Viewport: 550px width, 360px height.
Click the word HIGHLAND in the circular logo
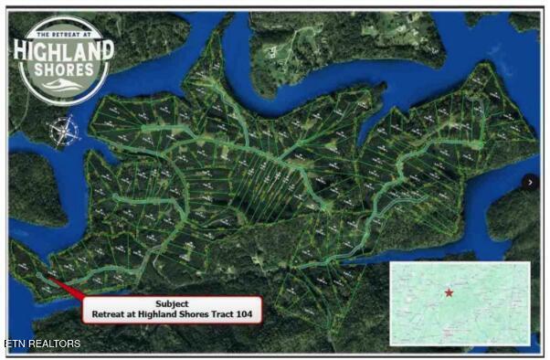(63, 49)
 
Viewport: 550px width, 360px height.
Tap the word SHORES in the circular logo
(63, 69)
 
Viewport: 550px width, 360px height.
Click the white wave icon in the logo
(62, 84)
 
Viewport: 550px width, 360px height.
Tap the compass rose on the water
(61, 132)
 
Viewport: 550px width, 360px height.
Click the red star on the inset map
(449, 292)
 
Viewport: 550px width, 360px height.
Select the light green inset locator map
(460, 303)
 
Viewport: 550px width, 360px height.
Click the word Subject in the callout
(172, 303)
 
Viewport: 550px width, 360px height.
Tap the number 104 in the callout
(244, 314)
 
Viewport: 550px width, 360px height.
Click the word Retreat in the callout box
(109, 314)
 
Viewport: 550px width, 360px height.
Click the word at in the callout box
(132, 314)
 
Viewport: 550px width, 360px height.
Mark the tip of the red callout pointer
(43, 276)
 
